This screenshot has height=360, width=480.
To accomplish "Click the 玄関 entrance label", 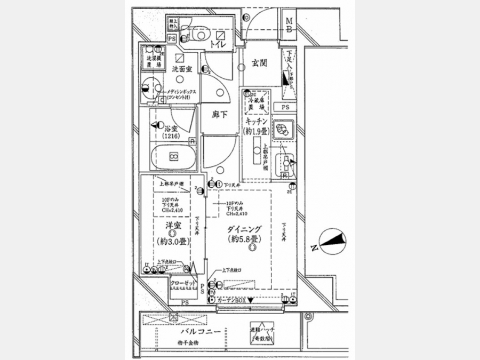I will coord(259,63).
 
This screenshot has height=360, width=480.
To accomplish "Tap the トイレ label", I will coord(217,45).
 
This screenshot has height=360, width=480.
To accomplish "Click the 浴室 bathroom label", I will coord(171,129).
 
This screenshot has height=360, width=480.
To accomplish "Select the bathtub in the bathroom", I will coord(173,157).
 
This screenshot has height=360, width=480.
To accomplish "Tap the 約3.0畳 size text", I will coord(171,241).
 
